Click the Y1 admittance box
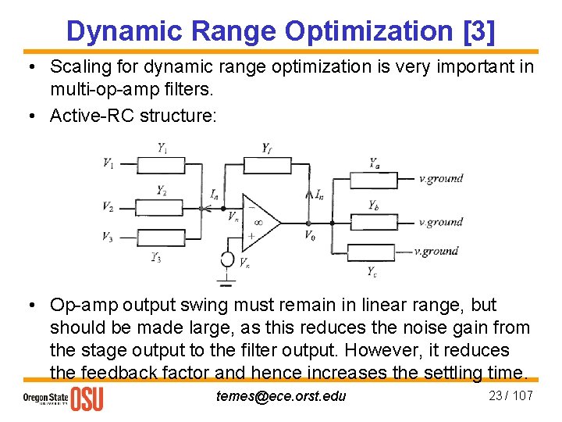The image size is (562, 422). [x=161, y=164]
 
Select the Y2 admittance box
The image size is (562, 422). [x=161, y=207]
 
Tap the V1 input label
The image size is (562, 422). [x=108, y=163]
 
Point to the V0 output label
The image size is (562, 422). [x=310, y=234]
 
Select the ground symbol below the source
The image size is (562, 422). [x=226, y=281]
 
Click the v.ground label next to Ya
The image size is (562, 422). [x=441, y=179]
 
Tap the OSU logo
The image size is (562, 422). [x=87, y=399]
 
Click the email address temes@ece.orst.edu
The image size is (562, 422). [x=280, y=395]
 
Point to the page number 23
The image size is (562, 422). [x=496, y=395]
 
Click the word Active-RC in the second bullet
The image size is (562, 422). [x=91, y=116]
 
